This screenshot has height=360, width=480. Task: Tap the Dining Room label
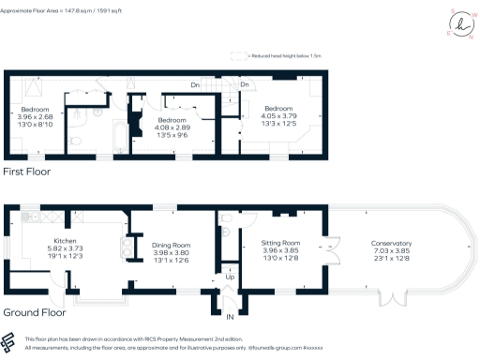[x=171, y=244]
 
